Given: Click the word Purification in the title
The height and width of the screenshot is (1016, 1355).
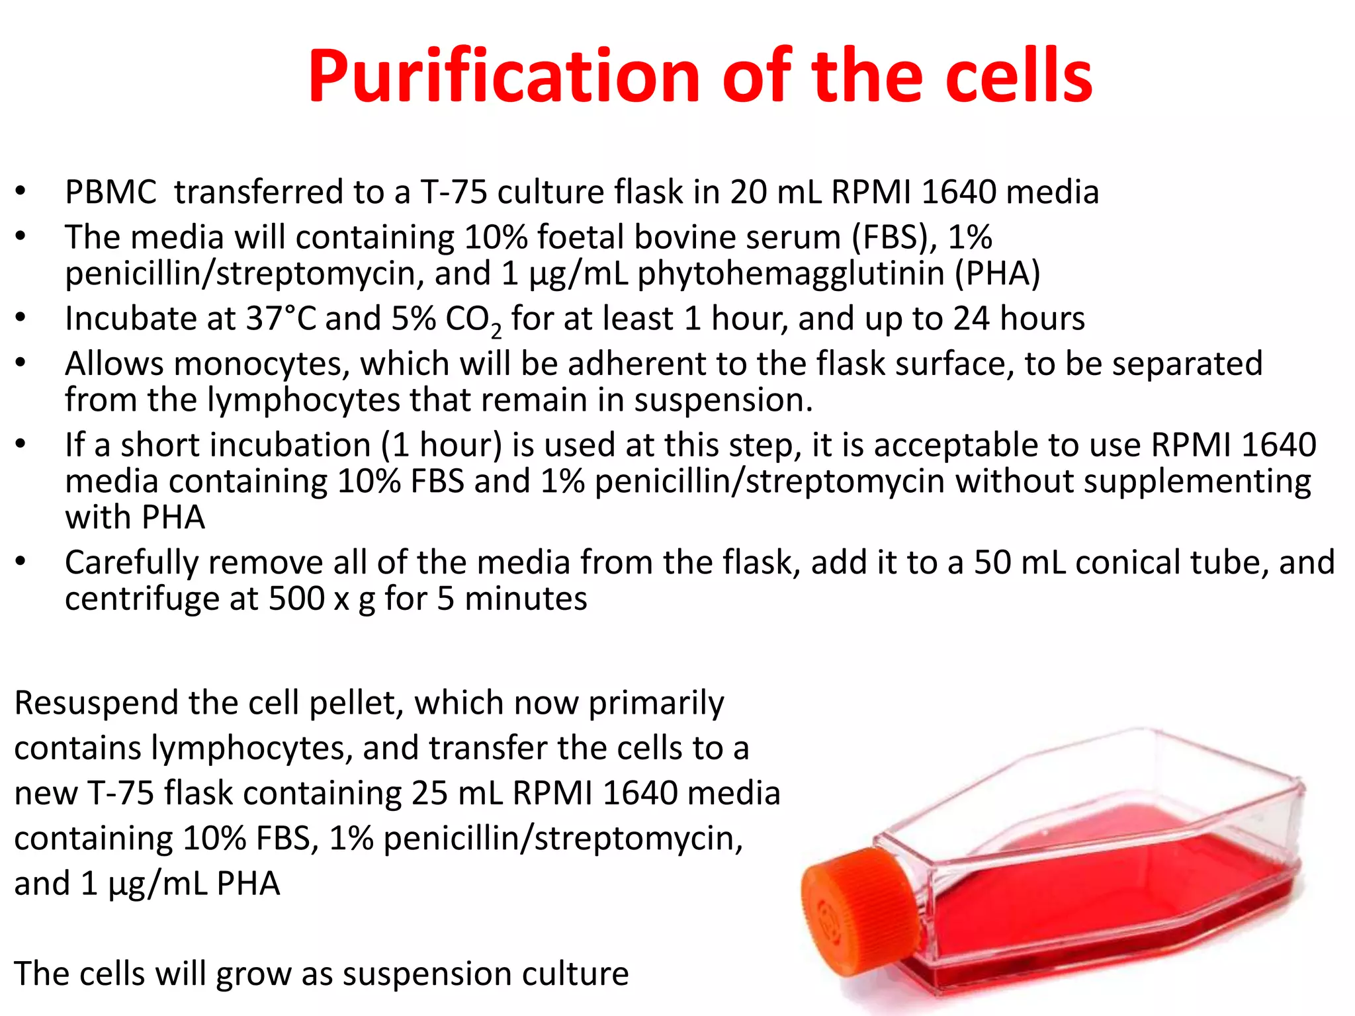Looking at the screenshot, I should [503, 76].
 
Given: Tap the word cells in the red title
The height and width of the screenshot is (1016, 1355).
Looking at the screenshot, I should [1019, 76].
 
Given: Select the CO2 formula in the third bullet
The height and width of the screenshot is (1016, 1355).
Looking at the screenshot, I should [472, 320].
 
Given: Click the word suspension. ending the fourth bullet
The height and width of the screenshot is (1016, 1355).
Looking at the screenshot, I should [723, 401].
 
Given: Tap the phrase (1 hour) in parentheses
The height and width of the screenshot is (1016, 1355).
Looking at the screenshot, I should [441, 445].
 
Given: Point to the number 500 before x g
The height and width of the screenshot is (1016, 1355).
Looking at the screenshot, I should [296, 599].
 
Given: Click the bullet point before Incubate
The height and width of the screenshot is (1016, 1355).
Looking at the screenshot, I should [21, 318].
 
